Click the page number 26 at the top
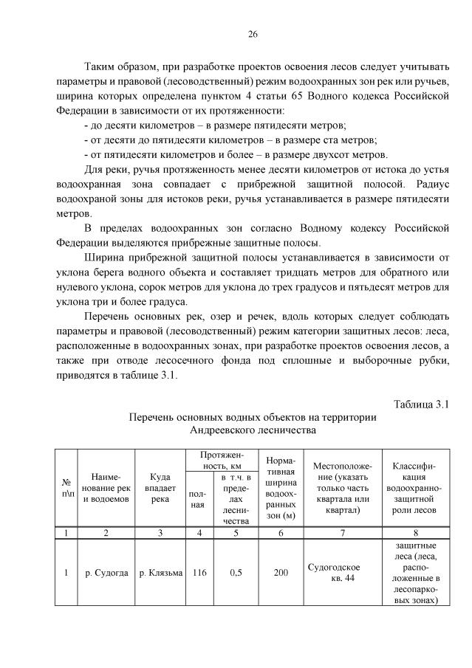tap(252, 35)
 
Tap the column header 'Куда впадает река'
tap(161, 488)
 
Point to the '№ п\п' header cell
tap(67, 488)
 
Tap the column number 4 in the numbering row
tap(199, 532)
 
